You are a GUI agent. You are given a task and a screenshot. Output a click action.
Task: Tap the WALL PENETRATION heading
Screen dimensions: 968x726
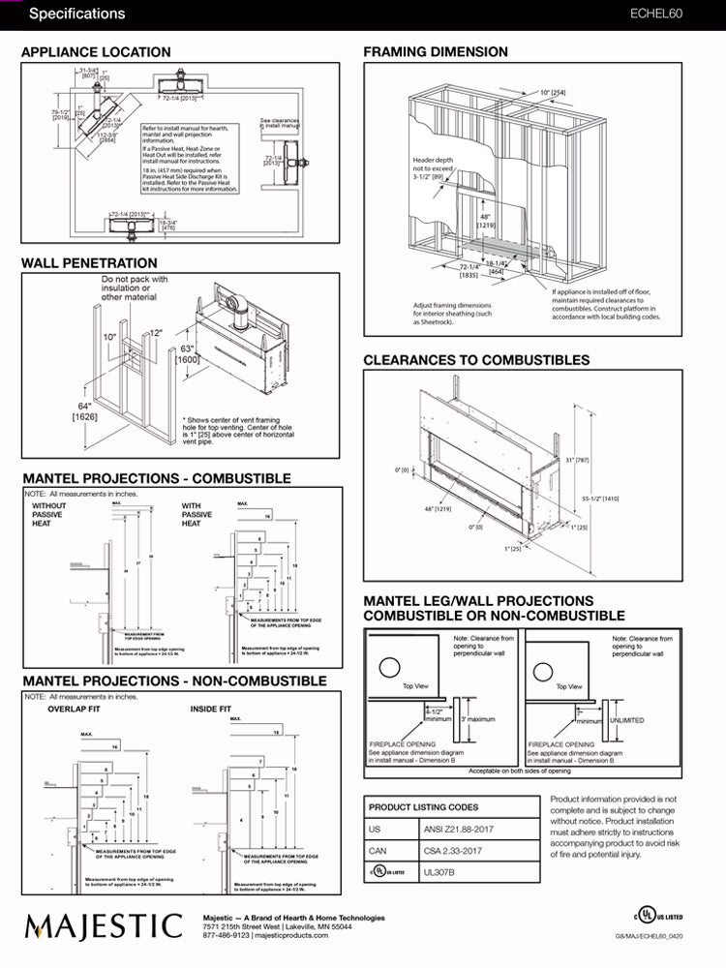89,262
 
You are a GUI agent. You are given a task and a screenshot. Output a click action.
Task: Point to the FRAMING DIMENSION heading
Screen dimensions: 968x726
435,51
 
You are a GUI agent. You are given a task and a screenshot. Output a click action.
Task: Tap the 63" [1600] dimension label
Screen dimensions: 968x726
188,355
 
